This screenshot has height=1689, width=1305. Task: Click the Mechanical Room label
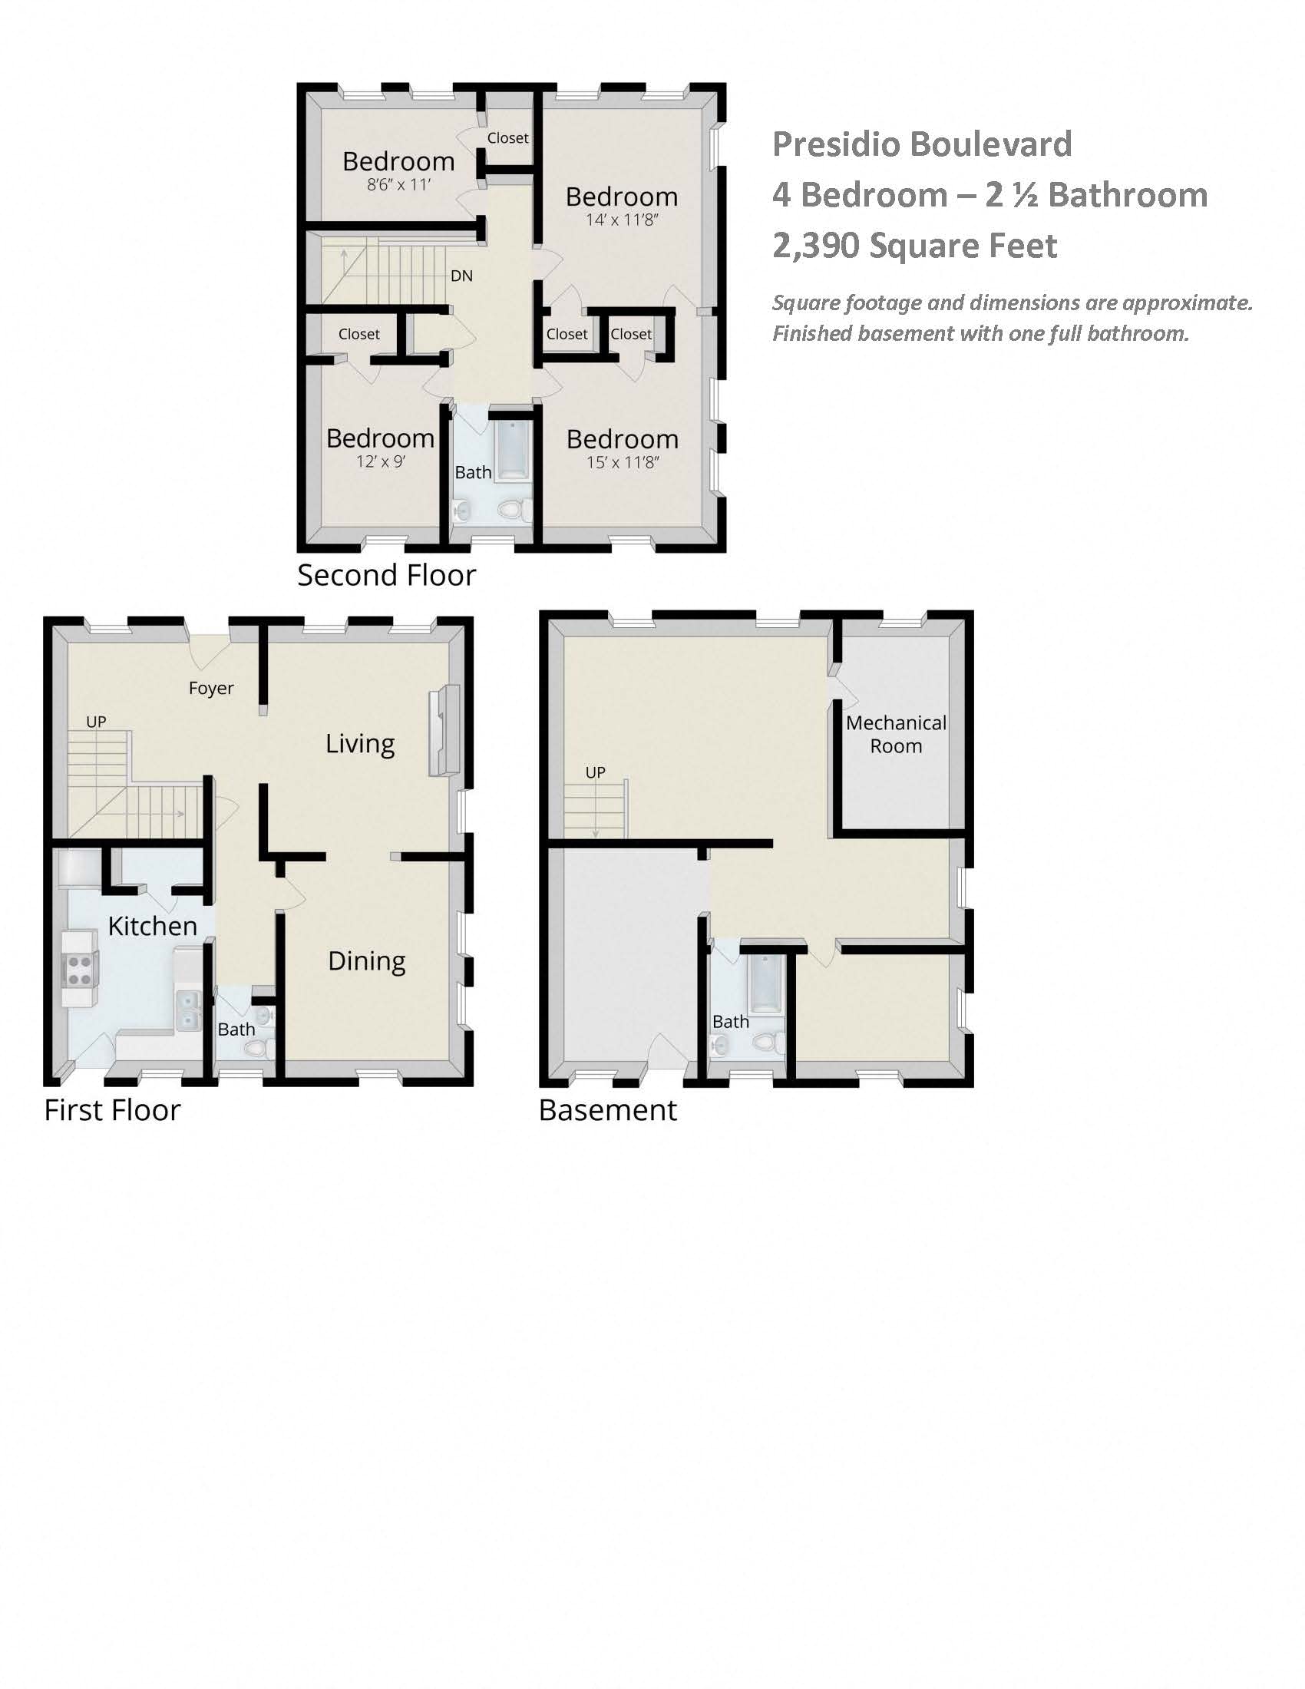pos(896,734)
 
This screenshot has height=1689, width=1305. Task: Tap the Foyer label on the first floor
pos(211,688)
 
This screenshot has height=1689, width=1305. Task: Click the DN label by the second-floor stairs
pos(461,276)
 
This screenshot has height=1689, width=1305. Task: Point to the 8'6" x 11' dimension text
pos(398,185)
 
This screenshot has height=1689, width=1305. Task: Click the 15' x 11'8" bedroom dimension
pos(623,462)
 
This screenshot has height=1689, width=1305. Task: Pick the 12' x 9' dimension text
pos(380,461)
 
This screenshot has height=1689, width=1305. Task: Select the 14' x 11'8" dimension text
pos(622,220)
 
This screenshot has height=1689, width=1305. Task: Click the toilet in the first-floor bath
pos(256,1048)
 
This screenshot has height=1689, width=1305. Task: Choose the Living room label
pos(359,743)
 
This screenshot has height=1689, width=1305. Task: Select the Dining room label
pos(366,960)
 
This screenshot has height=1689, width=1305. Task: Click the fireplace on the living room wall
pos(444,731)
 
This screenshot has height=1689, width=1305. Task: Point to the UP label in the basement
pos(595,772)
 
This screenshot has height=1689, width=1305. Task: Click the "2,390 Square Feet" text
pos(914,246)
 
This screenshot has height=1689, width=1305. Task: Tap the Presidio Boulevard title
pos(921,144)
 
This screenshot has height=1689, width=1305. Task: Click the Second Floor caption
pos(387,575)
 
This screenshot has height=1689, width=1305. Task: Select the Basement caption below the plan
pos(608,1110)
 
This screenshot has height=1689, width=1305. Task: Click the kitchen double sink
pos(189,1011)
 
